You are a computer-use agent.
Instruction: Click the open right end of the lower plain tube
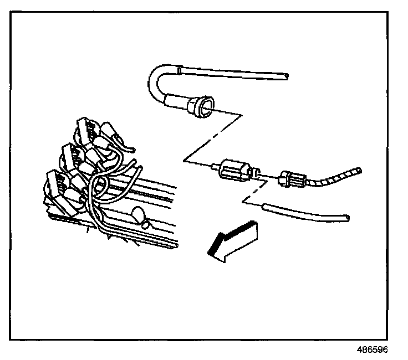pyautogui.click(x=346, y=218)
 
